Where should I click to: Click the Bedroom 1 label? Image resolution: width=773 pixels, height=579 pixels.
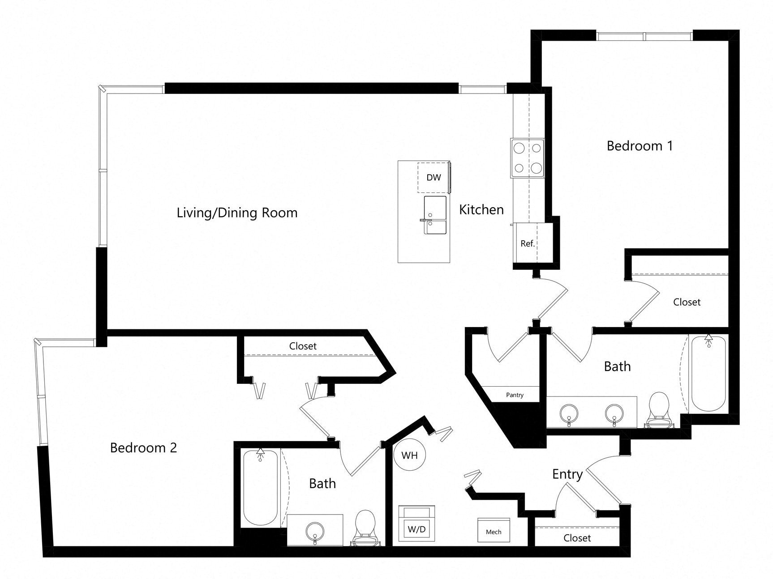(x=640, y=146)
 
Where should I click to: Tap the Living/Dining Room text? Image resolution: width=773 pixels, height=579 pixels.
(x=237, y=213)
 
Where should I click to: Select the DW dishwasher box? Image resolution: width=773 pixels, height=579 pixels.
(x=433, y=178)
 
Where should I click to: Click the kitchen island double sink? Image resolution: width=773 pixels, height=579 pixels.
(x=435, y=215)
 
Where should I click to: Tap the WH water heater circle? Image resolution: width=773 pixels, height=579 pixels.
(x=409, y=456)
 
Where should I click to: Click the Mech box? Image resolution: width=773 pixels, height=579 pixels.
(x=494, y=531)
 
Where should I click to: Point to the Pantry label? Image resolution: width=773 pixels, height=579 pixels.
(x=515, y=395)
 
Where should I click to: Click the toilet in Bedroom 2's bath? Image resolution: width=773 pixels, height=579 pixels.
(x=365, y=528)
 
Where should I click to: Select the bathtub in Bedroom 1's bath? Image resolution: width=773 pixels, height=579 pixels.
(x=708, y=374)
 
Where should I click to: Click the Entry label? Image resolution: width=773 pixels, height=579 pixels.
(x=567, y=474)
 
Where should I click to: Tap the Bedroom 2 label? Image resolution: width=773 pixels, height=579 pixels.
(x=143, y=447)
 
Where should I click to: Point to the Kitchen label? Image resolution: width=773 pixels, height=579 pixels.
(x=481, y=209)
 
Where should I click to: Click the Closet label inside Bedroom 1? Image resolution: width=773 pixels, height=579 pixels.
(x=687, y=302)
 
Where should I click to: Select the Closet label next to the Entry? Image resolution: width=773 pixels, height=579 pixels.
(x=577, y=538)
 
